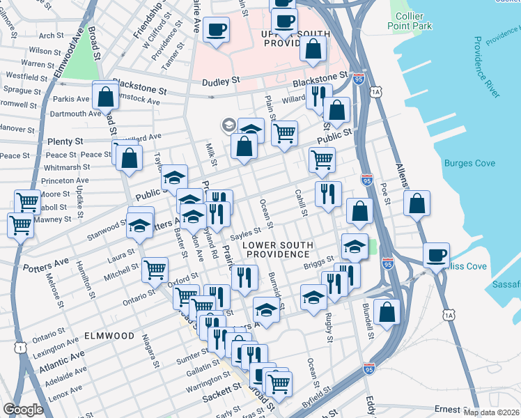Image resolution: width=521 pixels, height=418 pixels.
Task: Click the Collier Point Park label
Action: pyautogui.click(x=414, y=21)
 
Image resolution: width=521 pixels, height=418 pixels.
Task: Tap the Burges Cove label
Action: pyautogui.click(x=469, y=164)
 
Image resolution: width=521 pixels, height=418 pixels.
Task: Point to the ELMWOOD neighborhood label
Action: pyautogui.click(x=109, y=336)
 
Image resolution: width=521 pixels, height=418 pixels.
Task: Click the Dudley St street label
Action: pyautogui.click(x=221, y=81)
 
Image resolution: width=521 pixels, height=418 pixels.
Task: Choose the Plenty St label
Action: pyautogui.click(x=65, y=141)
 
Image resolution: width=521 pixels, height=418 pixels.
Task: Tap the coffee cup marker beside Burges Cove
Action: pyautogui.click(x=436, y=255)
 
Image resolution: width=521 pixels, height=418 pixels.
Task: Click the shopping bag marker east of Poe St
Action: pyautogui.click(x=417, y=203)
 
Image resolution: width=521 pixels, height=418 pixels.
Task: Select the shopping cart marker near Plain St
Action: pyautogui.click(x=284, y=132)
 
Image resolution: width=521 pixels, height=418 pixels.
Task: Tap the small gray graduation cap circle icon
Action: pyautogui.click(x=228, y=125)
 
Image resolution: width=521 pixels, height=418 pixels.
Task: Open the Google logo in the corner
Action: pyautogui.click(x=23, y=410)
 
